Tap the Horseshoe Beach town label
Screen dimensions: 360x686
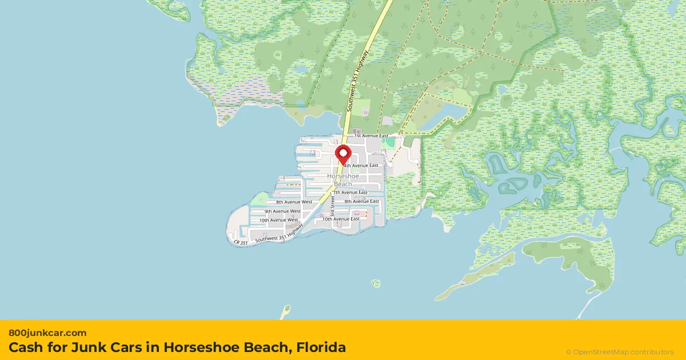(x=343, y=180)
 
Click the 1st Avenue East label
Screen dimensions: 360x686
(x=372, y=136)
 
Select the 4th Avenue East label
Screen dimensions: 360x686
(x=361, y=165)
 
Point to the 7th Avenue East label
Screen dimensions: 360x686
(x=350, y=193)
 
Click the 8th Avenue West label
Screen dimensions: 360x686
(x=294, y=202)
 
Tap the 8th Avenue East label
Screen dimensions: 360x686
(x=361, y=201)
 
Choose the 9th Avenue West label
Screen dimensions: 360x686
(x=282, y=211)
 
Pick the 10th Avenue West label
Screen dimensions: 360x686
(x=278, y=220)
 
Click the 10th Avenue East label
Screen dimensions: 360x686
(x=341, y=219)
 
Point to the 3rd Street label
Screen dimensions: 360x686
(x=332, y=206)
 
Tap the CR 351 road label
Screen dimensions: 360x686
(x=241, y=243)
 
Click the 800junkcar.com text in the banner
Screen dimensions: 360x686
(x=48, y=333)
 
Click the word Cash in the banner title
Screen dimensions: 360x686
(x=24, y=347)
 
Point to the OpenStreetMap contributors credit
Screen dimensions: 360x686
(x=620, y=352)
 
